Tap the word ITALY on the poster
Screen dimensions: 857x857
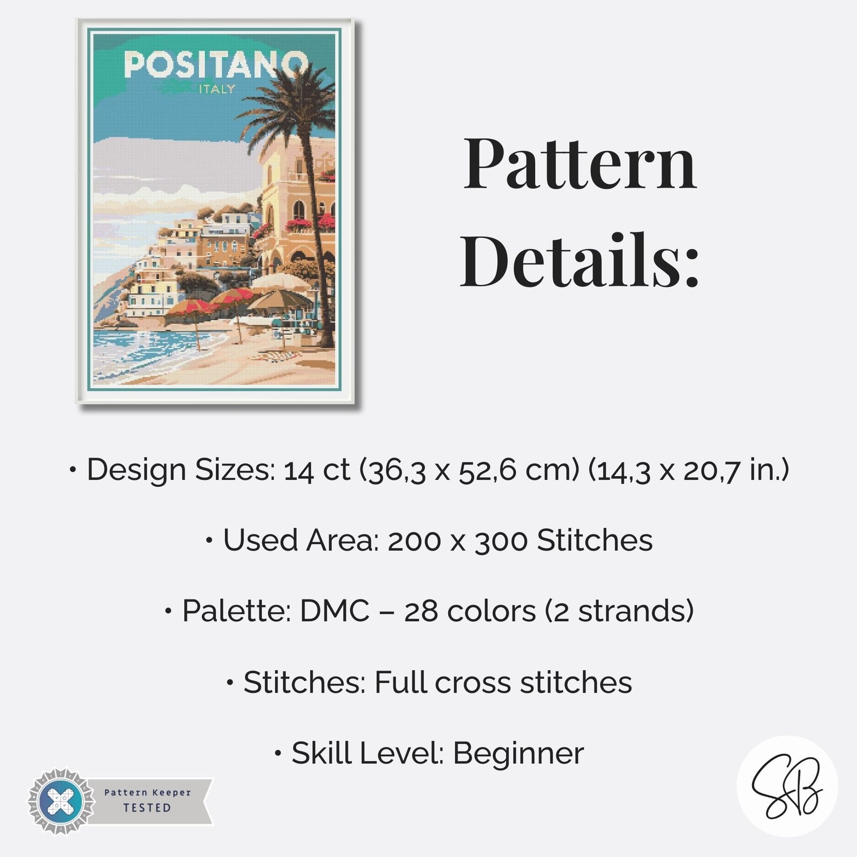pos(217,89)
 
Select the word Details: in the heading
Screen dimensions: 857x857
pos(580,261)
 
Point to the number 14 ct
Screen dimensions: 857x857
pos(317,470)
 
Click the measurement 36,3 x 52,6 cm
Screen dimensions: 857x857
pos(469,470)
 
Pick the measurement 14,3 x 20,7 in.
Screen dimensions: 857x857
pos(689,470)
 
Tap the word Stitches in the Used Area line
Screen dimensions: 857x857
pos(595,540)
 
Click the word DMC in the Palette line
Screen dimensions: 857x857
pos(335,611)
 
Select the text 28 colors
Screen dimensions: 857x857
pos(470,611)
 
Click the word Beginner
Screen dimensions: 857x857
pos(518,753)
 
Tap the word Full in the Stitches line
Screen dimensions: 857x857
pos(400,682)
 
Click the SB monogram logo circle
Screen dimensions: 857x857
pos(787,786)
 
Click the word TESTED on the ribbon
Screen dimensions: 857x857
pos(147,808)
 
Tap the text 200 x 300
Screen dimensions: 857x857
pos(457,540)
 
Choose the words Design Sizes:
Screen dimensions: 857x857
pos(181,470)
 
